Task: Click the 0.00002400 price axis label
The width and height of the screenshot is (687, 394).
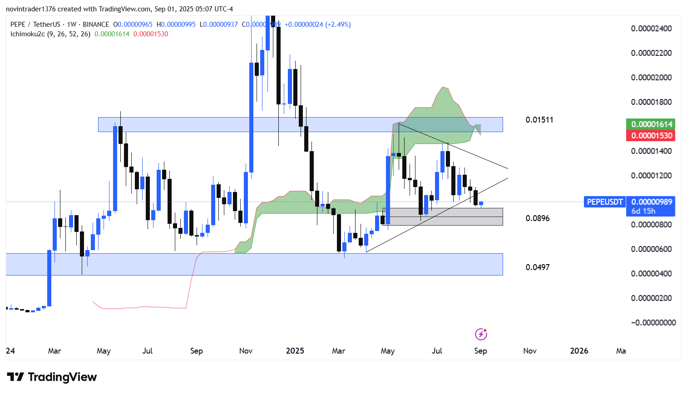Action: [x=651, y=29]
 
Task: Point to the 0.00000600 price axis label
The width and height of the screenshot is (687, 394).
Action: [x=651, y=249]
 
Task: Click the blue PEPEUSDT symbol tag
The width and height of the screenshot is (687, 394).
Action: [x=604, y=202]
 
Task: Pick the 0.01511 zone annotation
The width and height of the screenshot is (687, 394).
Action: [x=539, y=120]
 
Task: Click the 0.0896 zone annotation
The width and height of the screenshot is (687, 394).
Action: [x=538, y=218]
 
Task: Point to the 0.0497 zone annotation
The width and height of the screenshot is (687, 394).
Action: [x=538, y=267]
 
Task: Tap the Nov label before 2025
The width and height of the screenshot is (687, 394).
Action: [x=246, y=351]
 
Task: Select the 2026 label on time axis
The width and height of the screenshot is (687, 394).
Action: [x=579, y=351]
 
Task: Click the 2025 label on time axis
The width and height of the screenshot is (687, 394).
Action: [x=295, y=351]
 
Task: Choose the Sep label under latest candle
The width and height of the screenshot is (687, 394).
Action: [x=480, y=351]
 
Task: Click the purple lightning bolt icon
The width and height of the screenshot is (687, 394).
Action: [x=481, y=335]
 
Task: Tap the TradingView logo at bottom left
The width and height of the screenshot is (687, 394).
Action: [x=52, y=377]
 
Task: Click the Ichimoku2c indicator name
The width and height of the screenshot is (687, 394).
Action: [x=28, y=34]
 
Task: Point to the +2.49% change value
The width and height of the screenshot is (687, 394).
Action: [x=338, y=25]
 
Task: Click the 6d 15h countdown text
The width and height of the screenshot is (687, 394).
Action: [x=643, y=211]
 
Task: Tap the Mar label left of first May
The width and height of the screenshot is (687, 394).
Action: [x=54, y=351]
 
